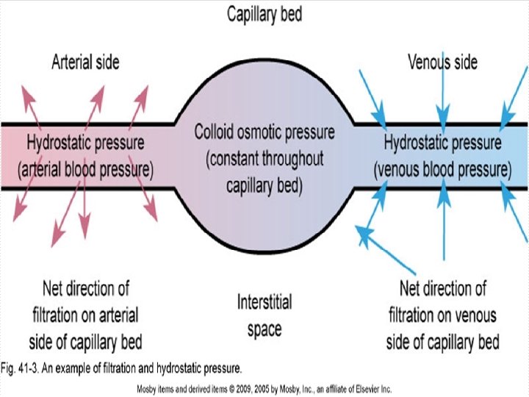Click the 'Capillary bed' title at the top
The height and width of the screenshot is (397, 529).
264,14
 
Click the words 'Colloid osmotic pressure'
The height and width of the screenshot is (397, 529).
264,133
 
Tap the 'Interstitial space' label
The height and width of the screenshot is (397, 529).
264,315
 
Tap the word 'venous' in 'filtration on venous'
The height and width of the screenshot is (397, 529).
474,315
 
